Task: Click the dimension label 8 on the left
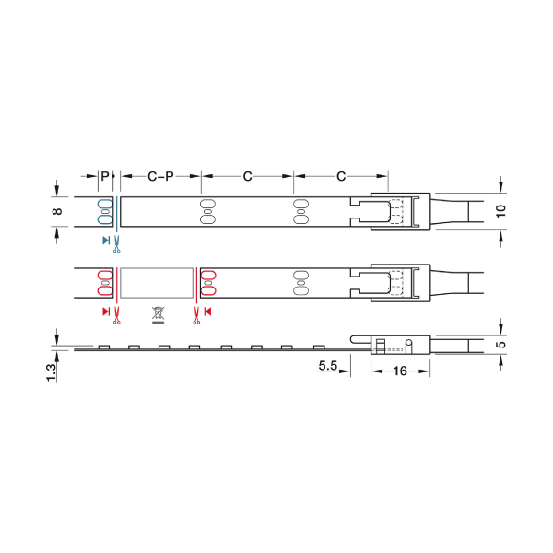tap(57, 212)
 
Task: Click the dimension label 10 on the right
tap(500, 211)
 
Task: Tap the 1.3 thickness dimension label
tap(52, 372)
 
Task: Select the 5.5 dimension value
tap(328, 365)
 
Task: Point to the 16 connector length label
tap(400, 371)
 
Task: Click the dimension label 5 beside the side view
tap(500, 344)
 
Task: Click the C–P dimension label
tap(160, 176)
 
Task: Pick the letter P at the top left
tap(105, 176)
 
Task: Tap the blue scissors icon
tap(117, 244)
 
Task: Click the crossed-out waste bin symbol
tap(158, 315)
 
